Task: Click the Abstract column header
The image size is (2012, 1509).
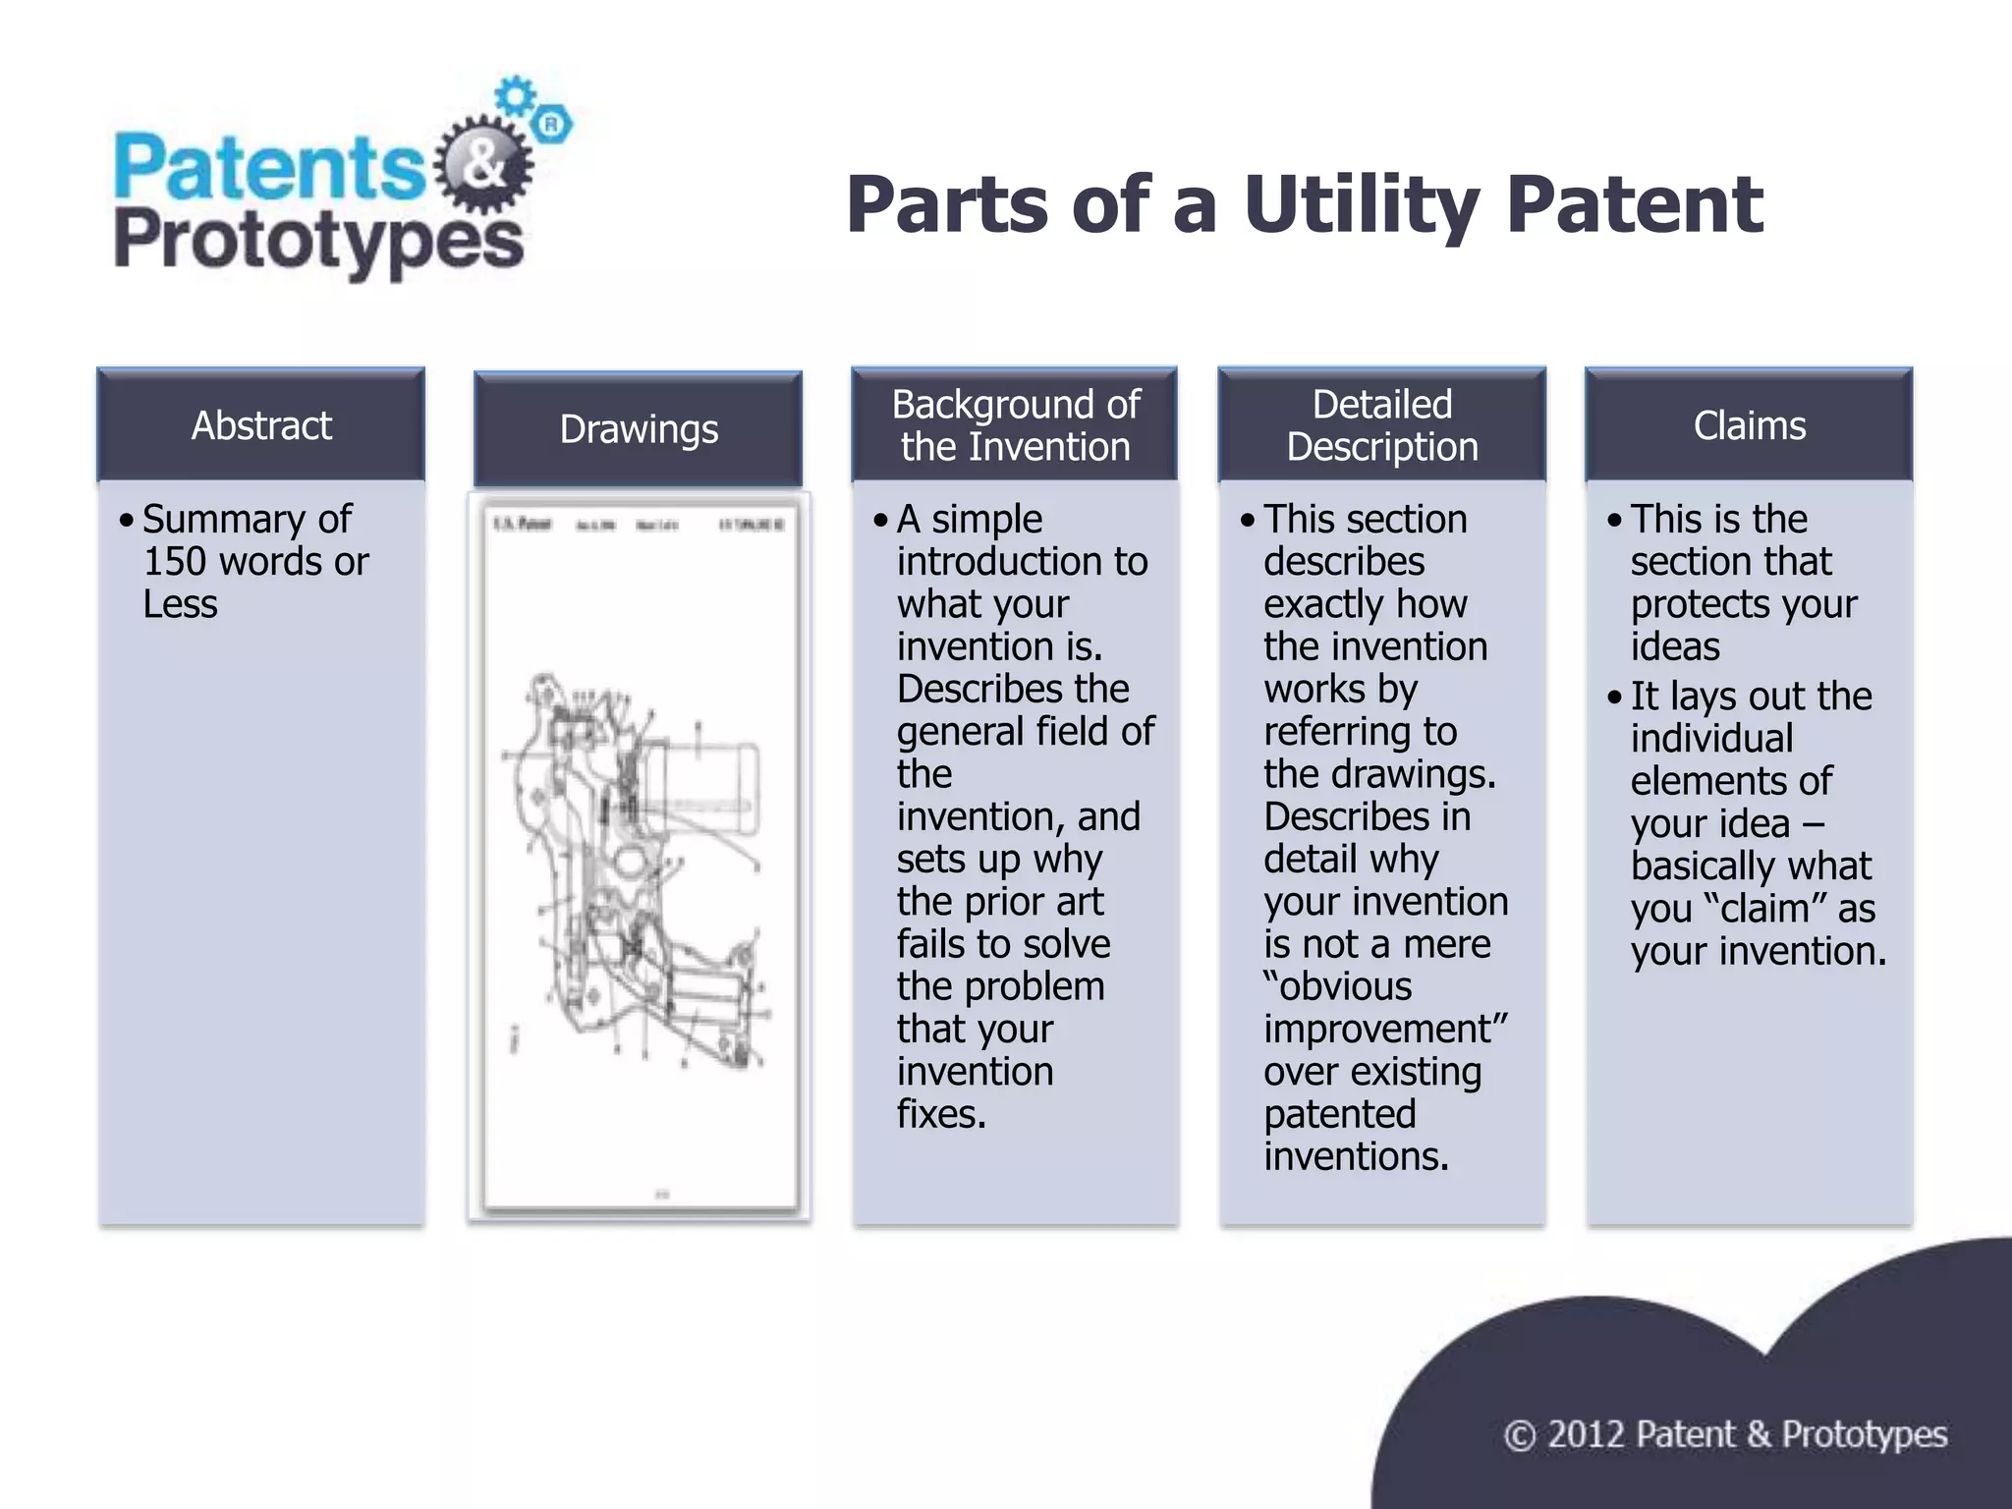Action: [261, 425]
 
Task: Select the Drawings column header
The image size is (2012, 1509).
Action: [639, 429]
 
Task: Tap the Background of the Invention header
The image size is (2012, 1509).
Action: [1015, 425]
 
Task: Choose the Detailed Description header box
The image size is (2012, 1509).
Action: [1382, 425]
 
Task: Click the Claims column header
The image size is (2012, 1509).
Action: [1749, 425]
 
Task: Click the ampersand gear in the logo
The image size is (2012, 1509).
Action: [482, 165]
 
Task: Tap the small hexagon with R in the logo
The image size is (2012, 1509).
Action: [552, 125]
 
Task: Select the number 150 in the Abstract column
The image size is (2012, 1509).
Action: [176, 562]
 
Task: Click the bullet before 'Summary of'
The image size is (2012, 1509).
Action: [126, 520]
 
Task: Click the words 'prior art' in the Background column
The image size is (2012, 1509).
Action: [1042, 902]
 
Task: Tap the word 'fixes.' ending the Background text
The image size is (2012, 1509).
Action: [940, 1114]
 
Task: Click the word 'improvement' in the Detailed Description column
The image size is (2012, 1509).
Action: [1379, 1030]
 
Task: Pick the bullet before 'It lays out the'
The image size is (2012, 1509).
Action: [1614, 698]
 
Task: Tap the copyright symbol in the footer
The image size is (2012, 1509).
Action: [1520, 1435]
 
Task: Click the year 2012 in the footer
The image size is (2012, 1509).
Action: [1586, 1435]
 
